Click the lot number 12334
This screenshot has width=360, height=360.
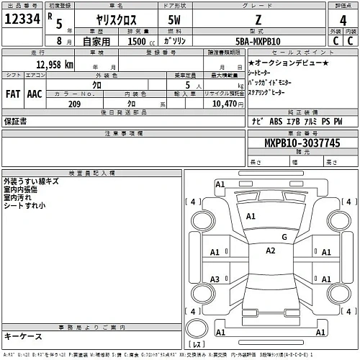(x=22, y=22)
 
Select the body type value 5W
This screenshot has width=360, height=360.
(x=175, y=22)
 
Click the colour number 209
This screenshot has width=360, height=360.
(x=73, y=104)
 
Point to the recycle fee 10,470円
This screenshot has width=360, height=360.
(x=229, y=104)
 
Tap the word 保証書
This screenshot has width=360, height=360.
(x=15, y=122)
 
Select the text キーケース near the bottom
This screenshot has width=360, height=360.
(x=22, y=336)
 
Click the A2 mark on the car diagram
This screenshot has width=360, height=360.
(x=270, y=251)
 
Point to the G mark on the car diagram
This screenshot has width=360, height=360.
(x=284, y=236)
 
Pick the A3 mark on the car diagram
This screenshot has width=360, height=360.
(x=215, y=279)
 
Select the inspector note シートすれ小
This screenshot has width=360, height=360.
(x=24, y=206)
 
